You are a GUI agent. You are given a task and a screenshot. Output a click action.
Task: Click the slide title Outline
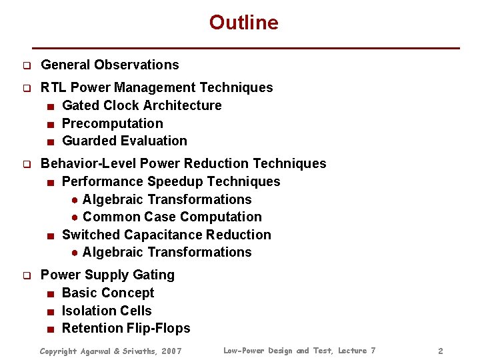pyautogui.click(x=243, y=23)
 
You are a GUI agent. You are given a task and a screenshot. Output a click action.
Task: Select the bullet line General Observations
pyautogui.click(x=110, y=65)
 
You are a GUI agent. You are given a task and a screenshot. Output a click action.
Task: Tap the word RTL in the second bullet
pyautogui.click(x=53, y=87)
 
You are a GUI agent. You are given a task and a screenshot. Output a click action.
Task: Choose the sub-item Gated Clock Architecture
pyautogui.click(x=141, y=105)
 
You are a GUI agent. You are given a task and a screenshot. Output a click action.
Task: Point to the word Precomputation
pyautogui.click(x=112, y=123)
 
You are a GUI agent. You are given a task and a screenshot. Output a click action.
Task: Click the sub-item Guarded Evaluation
pyautogui.click(x=124, y=141)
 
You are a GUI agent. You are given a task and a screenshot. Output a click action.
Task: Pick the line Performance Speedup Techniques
pyautogui.click(x=171, y=181)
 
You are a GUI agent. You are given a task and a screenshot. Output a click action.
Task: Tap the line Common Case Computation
pyautogui.click(x=172, y=217)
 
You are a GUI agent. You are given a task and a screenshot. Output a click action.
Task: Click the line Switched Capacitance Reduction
pyautogui.click(x=166, y=235)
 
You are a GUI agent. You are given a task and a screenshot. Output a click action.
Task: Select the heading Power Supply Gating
pyautogui.click(x=107, y=275)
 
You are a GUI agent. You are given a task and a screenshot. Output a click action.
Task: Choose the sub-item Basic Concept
pyautogui.click(x=107, y=293)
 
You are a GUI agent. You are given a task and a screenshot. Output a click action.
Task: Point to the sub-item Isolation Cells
pyautogui.click(x=107, y=311)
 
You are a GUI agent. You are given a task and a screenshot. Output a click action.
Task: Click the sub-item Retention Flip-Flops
pyautogui.click(x=126, y=328)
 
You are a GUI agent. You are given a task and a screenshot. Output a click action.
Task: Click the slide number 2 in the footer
pyautogui.click(x=440, y=351)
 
